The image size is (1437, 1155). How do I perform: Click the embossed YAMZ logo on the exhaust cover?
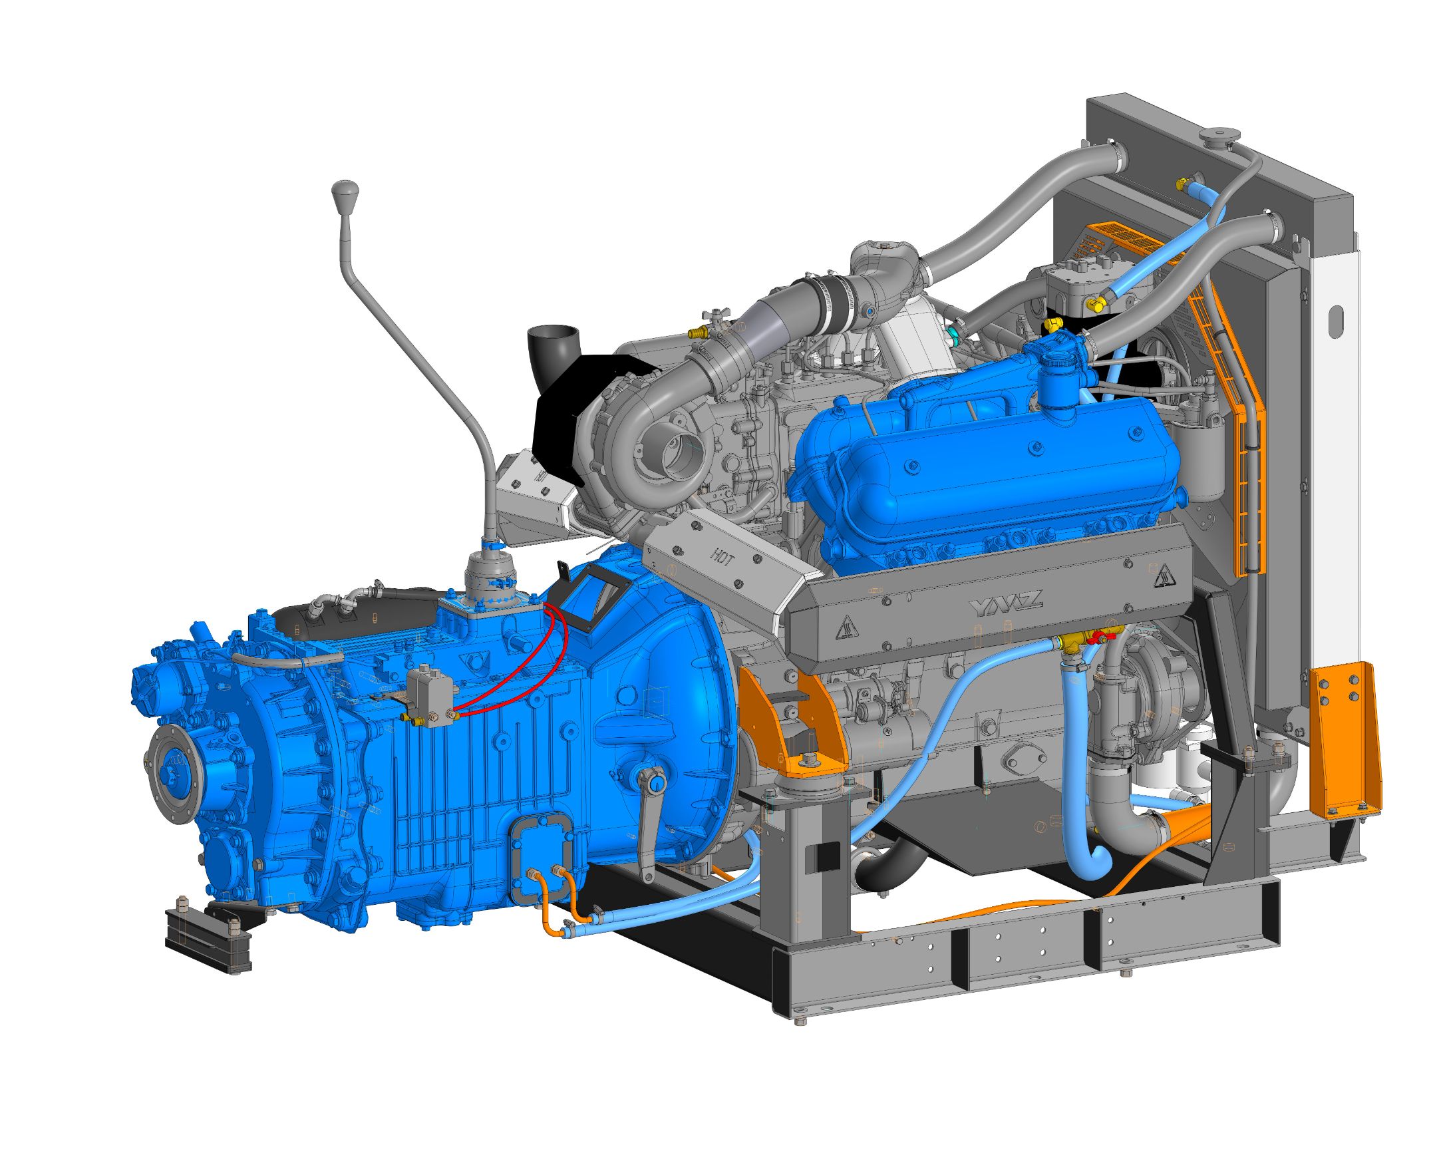coord(1005,605)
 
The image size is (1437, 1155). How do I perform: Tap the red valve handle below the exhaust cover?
coord(1092,639)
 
